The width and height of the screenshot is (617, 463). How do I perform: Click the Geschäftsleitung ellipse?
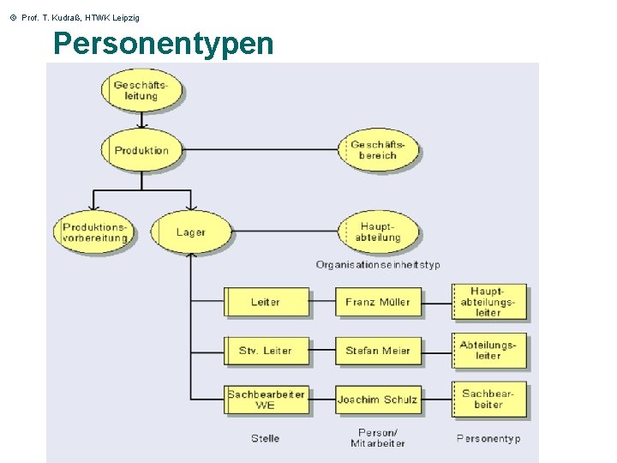[142, 90]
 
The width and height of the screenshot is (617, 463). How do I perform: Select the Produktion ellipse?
[142, 150]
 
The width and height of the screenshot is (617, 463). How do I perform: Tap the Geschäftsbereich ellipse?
[378, 150]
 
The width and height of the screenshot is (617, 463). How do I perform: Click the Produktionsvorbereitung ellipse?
[95, 232]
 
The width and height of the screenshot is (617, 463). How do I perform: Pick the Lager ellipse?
[191, 232]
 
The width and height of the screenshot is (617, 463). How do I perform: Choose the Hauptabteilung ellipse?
[378, 232]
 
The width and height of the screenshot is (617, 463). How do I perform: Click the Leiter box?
[266, 302]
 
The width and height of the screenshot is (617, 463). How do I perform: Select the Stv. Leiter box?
[266, 351]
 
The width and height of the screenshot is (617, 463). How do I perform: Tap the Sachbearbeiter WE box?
[266, 400]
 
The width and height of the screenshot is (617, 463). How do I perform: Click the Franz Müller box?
[378, 302]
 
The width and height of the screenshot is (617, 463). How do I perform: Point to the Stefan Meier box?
[378, 351]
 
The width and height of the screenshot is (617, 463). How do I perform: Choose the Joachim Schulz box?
[378, 400]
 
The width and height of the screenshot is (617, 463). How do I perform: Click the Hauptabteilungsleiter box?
[488, 302]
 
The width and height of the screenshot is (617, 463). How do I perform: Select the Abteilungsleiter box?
[488, 351]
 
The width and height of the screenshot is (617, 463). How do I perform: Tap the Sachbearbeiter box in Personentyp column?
[488, 400]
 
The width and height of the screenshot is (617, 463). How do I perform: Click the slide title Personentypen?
[163, 43]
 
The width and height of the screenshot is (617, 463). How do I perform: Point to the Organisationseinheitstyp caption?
[378, 265]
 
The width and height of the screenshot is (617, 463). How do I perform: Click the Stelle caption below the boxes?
[266, 438]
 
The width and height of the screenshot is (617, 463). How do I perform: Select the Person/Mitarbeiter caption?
[378, 438]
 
